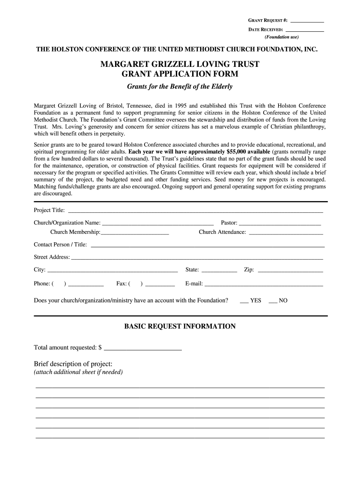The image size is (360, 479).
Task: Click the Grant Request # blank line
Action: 307,22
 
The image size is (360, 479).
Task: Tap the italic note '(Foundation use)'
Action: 281,37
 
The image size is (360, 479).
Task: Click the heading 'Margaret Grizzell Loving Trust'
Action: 180,64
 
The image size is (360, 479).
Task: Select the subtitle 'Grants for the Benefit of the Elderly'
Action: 180,87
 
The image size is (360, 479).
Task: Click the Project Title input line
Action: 195,211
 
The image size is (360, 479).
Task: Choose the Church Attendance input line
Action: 286,233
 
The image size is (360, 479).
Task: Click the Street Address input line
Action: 196,258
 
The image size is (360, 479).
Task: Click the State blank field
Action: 219,270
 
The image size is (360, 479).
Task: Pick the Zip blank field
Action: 290,270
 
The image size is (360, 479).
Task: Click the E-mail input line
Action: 264,284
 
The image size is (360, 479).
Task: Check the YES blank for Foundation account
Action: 244,301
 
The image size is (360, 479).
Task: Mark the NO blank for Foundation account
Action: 273,301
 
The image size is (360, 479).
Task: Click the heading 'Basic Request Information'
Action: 180,327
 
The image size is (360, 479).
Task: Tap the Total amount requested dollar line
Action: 143,348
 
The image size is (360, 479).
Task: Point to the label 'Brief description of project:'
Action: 73,364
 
